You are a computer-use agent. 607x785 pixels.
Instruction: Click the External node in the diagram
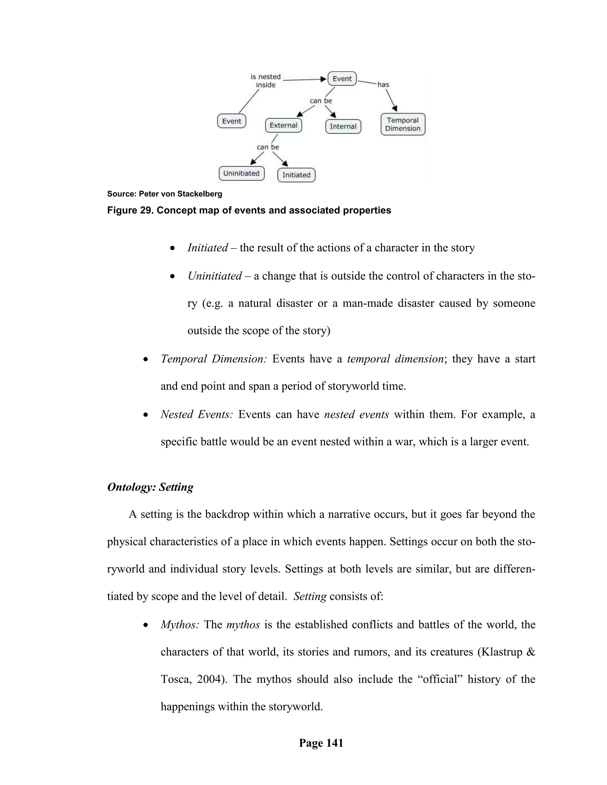click(x=283, y=125)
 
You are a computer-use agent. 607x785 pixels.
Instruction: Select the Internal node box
click(x=343, y=126)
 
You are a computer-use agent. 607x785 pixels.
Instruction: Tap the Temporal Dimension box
click(x=403, y=124)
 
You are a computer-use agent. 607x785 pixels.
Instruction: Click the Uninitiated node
click(x=241, y=173)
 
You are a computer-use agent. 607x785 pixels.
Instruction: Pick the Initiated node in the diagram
click(x=296, y=175)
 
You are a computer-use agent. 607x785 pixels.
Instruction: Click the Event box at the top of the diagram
click(x=342, y=79)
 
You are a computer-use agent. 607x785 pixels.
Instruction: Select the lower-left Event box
click(x=231, y=121)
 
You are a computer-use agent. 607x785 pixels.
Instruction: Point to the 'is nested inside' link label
click(x=266, y=81)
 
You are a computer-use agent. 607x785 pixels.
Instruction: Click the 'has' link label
click(x=383, y=84)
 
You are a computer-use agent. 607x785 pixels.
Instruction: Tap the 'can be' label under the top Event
click(x=321, y=101)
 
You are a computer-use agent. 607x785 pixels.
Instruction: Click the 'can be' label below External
click(x=268, y=147)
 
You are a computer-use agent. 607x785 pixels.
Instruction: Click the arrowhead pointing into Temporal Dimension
click(x=395, y=108)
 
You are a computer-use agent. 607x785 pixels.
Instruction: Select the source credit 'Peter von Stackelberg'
click(x=180, y=194)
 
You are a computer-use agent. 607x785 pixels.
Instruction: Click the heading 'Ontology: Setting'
click(x=150, y=487)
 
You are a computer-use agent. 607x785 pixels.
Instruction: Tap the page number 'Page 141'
click(x=321, y=743)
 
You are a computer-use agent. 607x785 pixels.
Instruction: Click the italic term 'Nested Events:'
click(x=197, y=414)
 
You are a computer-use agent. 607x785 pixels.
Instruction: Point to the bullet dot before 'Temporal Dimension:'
click(x=146, y=359)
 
